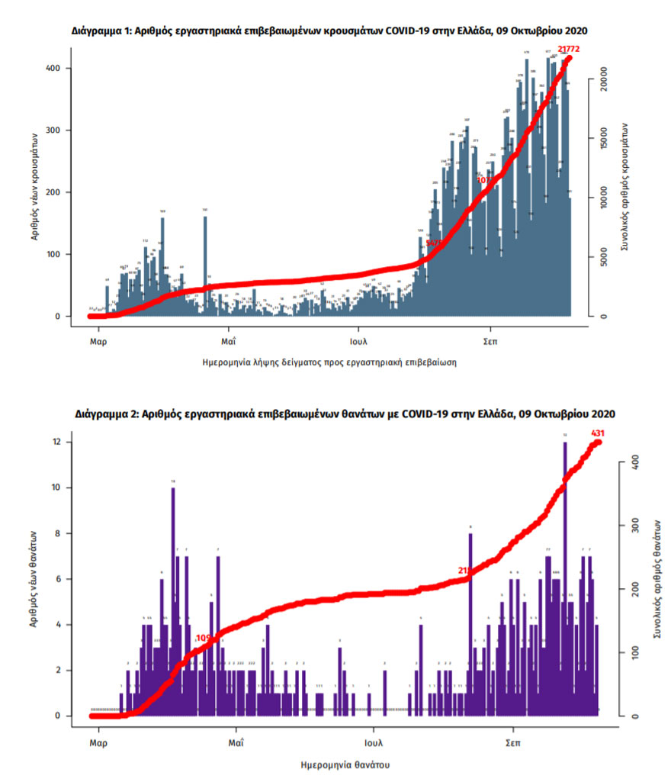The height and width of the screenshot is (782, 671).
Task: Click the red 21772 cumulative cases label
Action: (x=569, y=50)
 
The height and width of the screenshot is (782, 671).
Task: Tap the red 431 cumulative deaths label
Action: (x=598, y=434)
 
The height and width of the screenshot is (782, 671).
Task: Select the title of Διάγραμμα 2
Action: (x=345, y=414)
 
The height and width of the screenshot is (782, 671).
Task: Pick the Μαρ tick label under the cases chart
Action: (x=98, y=341)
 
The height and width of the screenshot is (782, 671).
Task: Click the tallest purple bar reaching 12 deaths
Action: (x=565, y=580)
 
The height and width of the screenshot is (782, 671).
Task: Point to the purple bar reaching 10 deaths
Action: (x=173, y=603)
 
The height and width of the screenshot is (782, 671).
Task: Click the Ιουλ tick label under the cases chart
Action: (x=359, y=341)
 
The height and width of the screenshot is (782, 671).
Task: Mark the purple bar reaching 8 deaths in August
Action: (x=470, y=626)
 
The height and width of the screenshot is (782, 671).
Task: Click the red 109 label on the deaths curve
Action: (x=204, y=638)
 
